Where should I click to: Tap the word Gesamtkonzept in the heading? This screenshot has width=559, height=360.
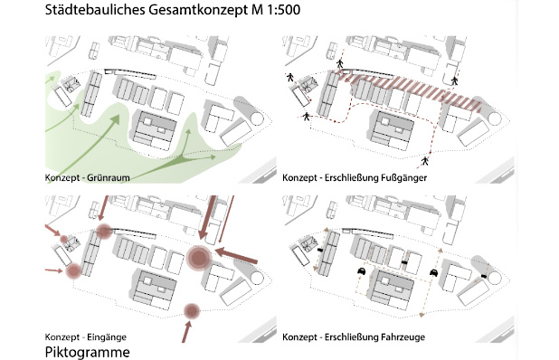[x=191, y=11]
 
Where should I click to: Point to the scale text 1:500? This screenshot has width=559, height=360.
[x=280, y=11]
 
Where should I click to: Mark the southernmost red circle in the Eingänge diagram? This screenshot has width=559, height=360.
[x=191, y=312]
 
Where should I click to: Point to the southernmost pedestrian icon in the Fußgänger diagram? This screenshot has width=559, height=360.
[x=424, y=161]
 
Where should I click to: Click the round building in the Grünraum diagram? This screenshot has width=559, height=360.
[x=257, y=118]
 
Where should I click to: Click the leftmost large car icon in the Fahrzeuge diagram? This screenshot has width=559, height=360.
[x=361, y=270]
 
